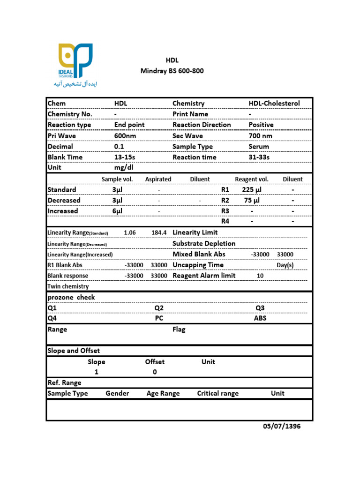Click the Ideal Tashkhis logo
[x=75, y=65]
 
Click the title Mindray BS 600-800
[x=172, y=71]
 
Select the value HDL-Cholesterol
[x=274, y=103]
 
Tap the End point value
[x=129, y=125]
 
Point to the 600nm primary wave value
[x=125, y=135]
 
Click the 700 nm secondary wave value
[x=260, y=135]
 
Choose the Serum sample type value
[x=259, y=146]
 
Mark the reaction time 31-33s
[x=259, y=157]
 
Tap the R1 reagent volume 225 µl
[x=252, y=189]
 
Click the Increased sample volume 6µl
[x=117, y=211]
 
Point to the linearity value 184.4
[x=159, y=232]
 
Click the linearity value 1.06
[x=130, y=232]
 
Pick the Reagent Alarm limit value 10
[x=260, y=276]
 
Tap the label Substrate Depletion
[x=204, y=243]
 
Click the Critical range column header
[x=217, y=393]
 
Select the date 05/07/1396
[x=281, y=426]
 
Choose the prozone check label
[x=71, y=297]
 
